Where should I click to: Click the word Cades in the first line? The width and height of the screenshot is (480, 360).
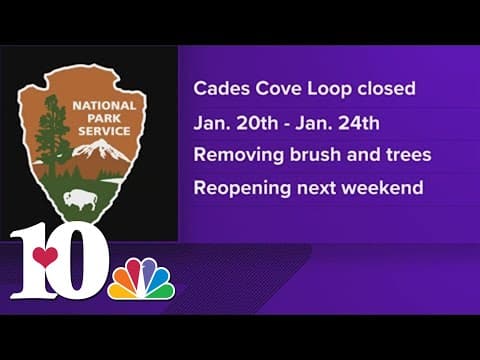click(x=218, y=88)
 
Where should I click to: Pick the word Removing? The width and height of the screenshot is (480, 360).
click(x=236, y=156)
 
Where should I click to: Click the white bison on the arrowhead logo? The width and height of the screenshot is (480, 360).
click(x=79, y=197)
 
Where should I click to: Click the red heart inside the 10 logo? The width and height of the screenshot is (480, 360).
click(x=44, y=257)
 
